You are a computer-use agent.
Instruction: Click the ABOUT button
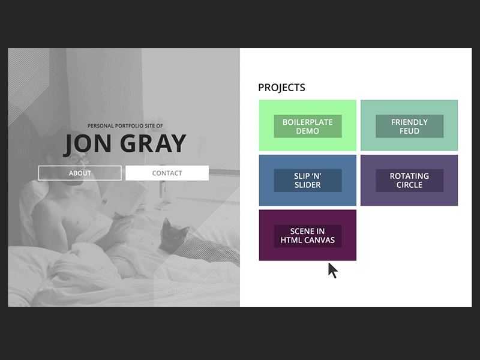[x=80, y=173]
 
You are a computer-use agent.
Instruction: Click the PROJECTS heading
[x=281, y=88]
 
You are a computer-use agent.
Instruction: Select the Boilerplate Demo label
[x=307, y=126]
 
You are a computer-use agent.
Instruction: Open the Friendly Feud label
[x=409, y=126]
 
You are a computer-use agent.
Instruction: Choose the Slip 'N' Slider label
[x=307, y=181]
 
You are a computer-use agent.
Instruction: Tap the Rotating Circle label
[x=409, y=181]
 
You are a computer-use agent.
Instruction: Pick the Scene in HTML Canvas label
[x=307, y=236]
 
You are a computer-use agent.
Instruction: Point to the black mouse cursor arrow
[x=332, y=269]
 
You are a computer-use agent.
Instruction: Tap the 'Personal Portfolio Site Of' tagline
[x=125, y=126]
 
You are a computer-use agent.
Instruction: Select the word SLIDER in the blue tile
[x=307, y=185]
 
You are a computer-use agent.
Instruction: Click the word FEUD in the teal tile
[x=409, y=131]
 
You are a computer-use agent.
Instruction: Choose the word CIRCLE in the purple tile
[x=409, y=185]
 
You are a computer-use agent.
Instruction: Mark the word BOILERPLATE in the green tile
[x=307, y=122]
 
